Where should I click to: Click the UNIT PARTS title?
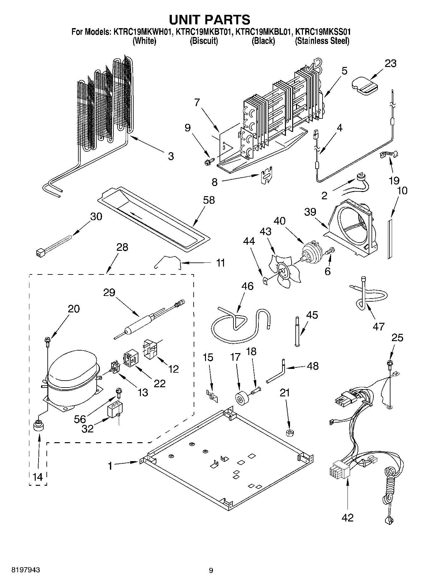[x=210, y=20]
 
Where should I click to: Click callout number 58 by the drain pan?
[x=209, y=200]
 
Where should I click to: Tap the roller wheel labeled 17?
[x=241, y=398]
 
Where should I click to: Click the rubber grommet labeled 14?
[x=39, y=425]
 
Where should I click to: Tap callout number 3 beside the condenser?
[x=171, y=156]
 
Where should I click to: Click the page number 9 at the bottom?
[x=211, y=570]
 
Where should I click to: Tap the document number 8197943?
[x=26, y=570]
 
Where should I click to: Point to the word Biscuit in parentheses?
[x=204, y=41]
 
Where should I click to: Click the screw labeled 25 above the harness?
[x=389, y=364]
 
